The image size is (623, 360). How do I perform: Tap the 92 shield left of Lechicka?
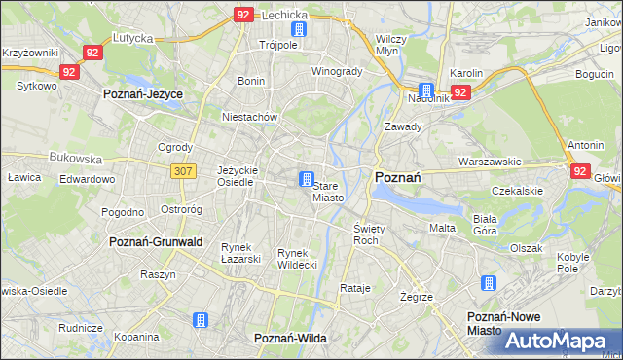coord(244,15)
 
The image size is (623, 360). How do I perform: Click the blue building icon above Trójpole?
coord(298,29)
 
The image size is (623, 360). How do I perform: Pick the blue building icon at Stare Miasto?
coord(307,179)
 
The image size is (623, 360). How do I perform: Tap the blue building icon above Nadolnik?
coord(425,90)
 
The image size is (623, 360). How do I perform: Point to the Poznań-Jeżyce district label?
coord(143,94)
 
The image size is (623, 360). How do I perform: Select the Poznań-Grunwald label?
coord(156,241)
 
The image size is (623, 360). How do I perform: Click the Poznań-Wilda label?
coord(290,338)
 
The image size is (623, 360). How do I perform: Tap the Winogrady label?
coord(337,72)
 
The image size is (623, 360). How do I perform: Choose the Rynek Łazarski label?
coord(240,253)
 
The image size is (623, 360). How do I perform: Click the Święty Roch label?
coord(366,234)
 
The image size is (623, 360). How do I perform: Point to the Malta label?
coord(442,228)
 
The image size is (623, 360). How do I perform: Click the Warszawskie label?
coord(491,162)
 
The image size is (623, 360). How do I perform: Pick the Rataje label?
coord(356,289)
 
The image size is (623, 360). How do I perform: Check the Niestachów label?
coord(251,117)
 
